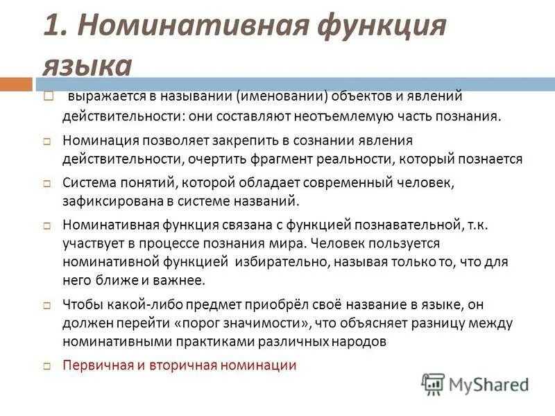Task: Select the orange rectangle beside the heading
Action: [x=16, y=84]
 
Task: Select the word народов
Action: [x=352, y=341]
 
